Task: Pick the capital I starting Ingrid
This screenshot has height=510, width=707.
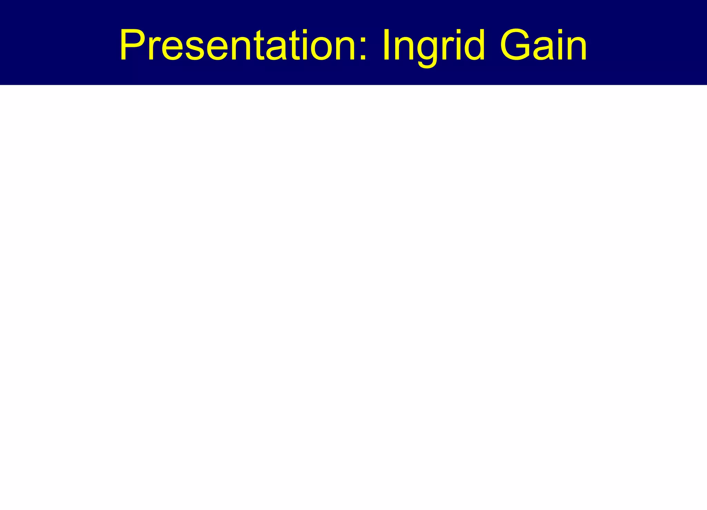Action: (387, 45)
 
